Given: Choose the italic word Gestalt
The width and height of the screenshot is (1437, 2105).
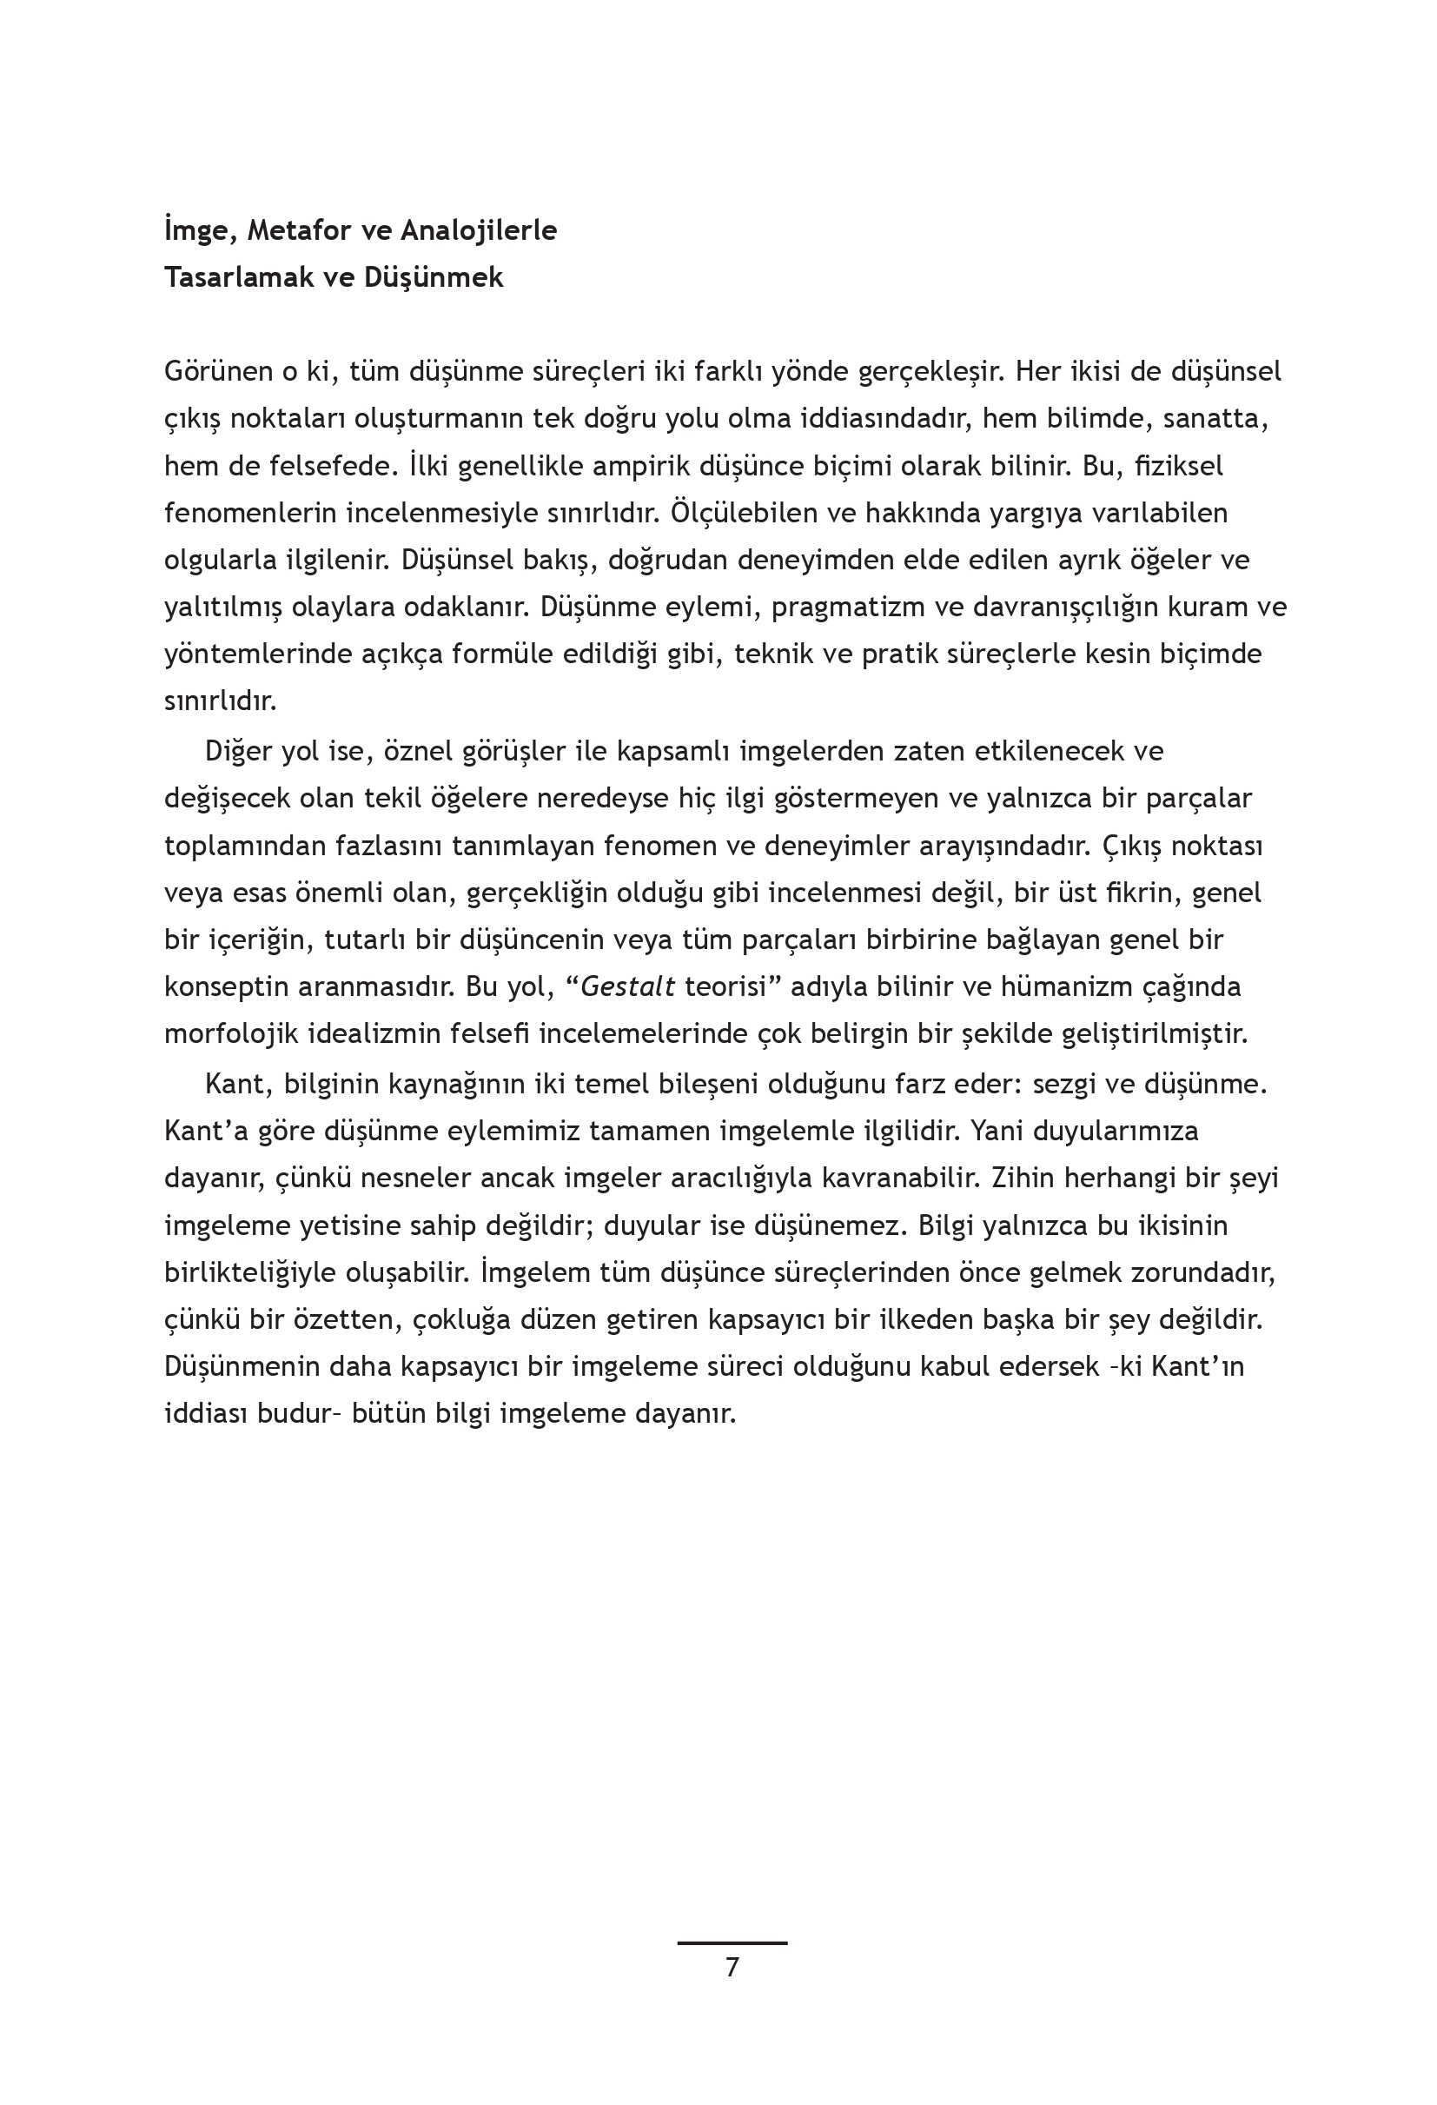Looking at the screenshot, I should (x=627, y=986).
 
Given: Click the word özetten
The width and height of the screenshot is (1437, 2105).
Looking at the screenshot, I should (x=345, y=1319).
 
